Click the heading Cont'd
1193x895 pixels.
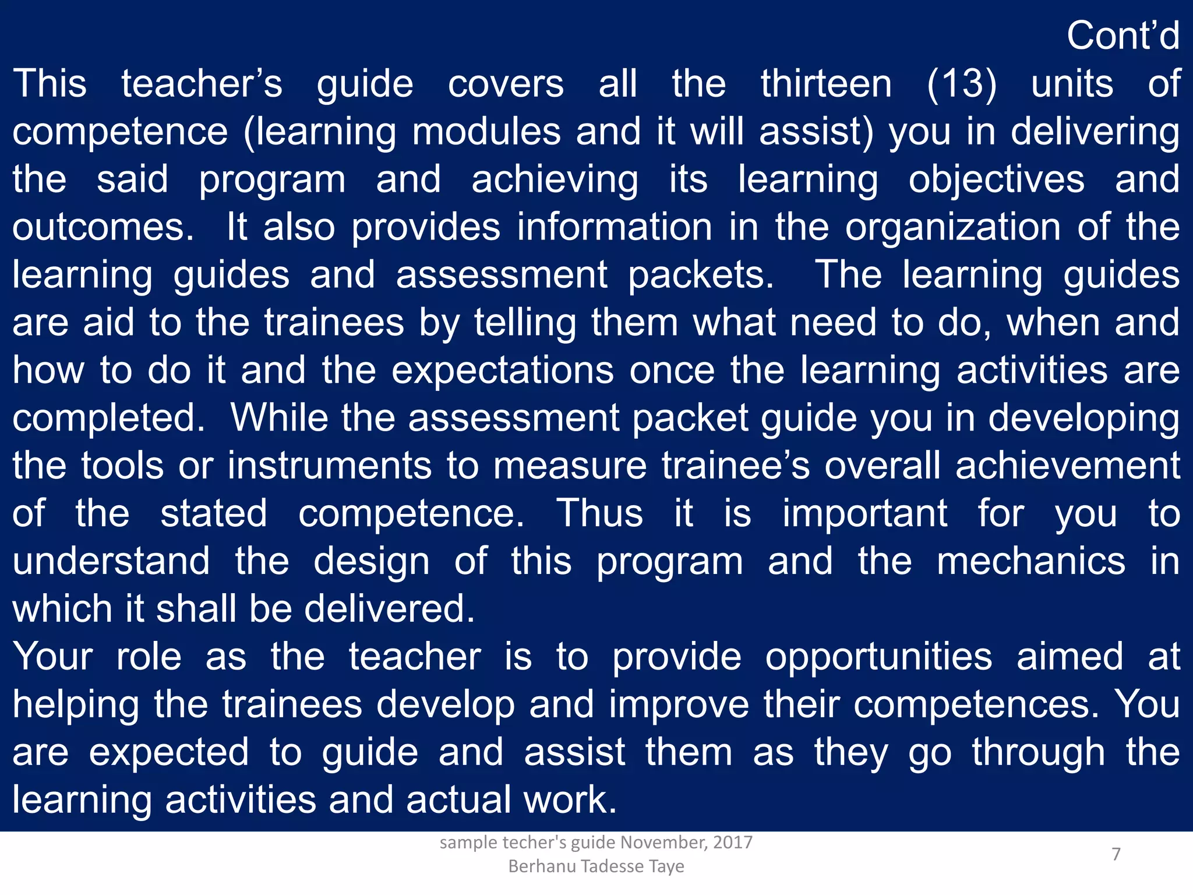point(1123,36)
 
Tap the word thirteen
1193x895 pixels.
point(826,84)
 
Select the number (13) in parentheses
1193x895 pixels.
point(961,84)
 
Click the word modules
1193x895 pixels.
point(486,132)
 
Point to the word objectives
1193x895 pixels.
point(997,179)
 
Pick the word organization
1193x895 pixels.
point(953,227)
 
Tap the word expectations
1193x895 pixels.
point(503,371)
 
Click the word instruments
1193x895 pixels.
point(330,466)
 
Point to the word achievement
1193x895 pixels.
point(1068,466)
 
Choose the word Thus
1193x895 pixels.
point(599,514)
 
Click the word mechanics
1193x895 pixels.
point(1031,562)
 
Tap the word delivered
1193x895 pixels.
point(390,609)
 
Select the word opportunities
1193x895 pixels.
point(878,657)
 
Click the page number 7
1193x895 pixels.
point(1116,854)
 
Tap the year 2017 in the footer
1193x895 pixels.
point(733,843)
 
